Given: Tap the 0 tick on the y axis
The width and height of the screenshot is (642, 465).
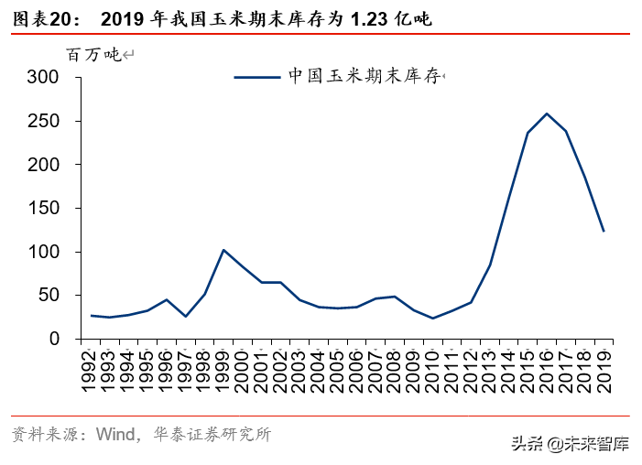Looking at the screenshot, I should tap(54, 340).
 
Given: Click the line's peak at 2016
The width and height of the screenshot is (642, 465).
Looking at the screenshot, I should tap(547, 114).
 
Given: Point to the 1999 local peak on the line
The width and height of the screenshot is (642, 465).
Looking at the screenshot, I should tap(223, 250).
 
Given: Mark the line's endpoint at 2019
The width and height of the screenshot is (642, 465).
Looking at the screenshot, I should tap(604, 232).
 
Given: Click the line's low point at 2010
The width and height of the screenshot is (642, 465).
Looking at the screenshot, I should tap(433, 318).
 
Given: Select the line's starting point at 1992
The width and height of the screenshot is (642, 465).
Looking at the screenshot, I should tap(92, 315).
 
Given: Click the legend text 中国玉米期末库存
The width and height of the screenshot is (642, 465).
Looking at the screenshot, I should tap(365, 77).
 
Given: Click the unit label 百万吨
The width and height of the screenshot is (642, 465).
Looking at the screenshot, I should tap(92, 55).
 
